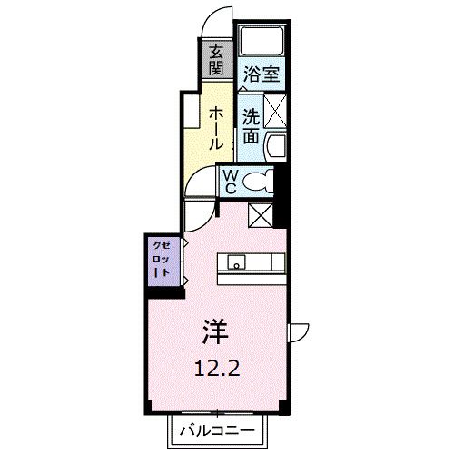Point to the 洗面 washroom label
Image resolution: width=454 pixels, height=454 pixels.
click(251, 126)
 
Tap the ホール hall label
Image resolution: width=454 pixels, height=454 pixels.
click(217, 127)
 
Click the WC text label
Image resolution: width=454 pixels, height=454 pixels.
click(230, 182)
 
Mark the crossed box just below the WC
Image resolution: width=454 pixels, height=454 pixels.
click(261, 216)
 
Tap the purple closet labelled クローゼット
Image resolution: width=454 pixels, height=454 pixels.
click(162, 260)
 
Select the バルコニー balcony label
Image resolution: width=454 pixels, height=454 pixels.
click(216, 428)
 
